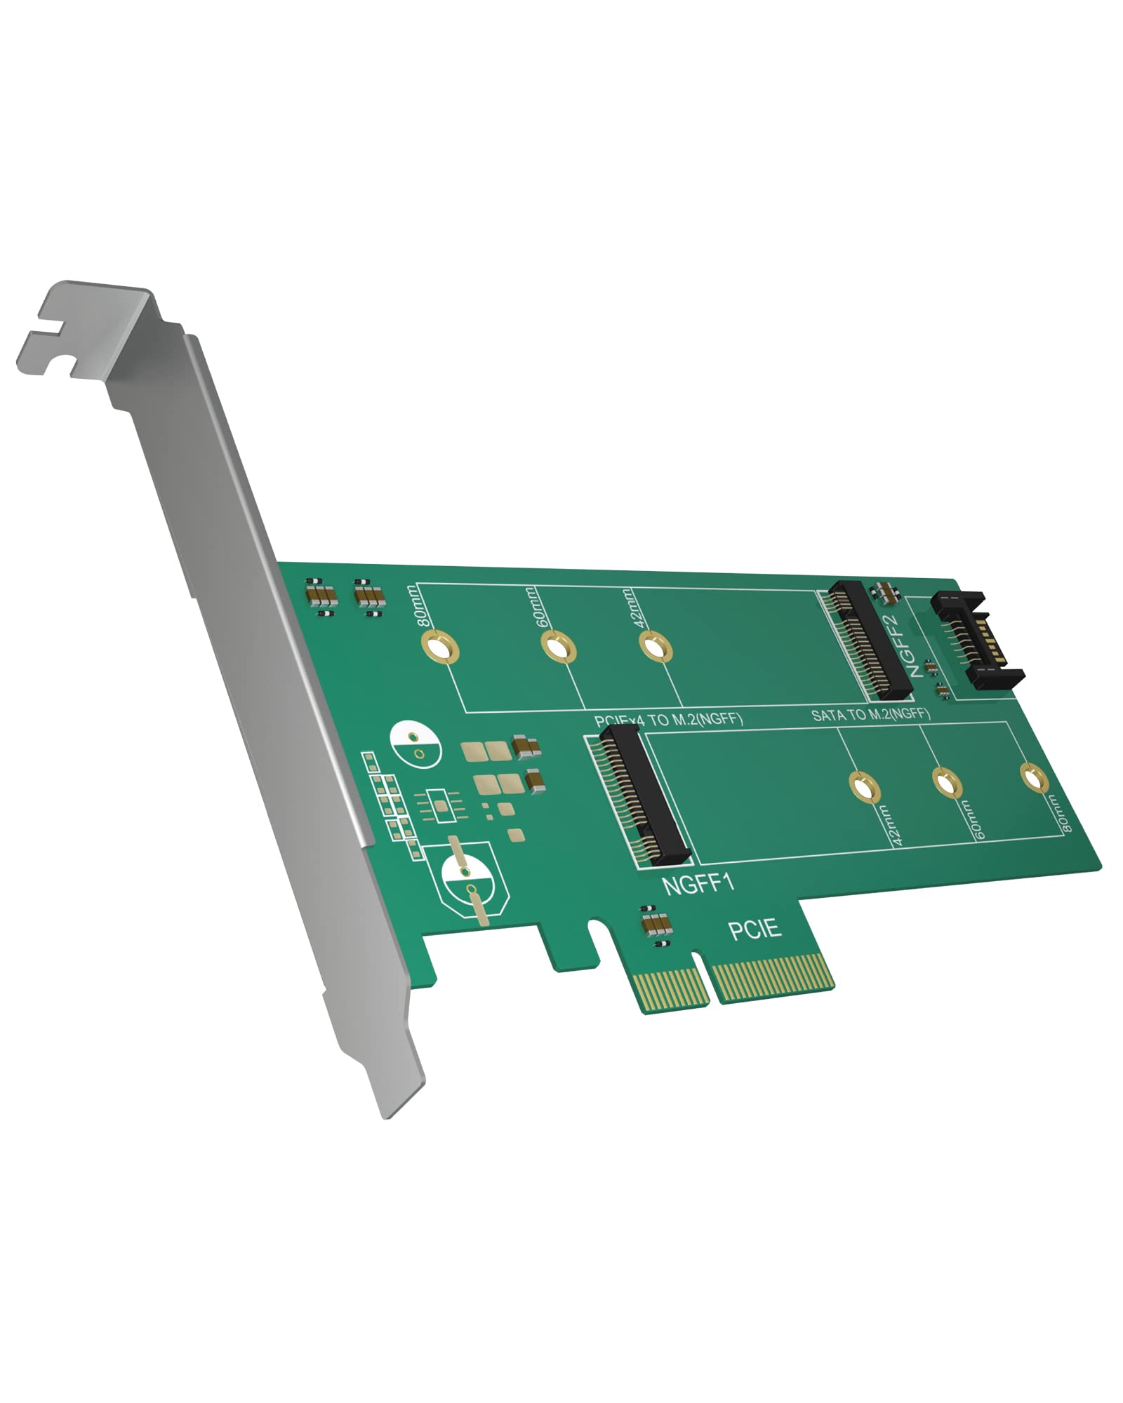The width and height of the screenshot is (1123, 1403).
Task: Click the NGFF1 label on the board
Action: coord(698,882)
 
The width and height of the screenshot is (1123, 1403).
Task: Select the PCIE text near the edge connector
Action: coord(755,929)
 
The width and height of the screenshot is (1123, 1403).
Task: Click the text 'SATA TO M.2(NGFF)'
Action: coord(870,715)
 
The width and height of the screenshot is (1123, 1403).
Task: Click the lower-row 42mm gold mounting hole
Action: coord(865,786)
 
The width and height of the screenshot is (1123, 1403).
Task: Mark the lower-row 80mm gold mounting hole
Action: coord(1032,779)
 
